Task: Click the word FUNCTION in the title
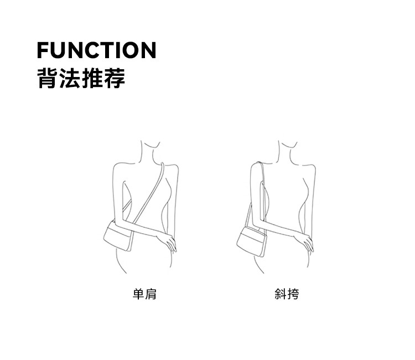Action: coord(96,50)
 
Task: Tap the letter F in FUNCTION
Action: coord(43,50)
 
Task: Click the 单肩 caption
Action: coord(144,294)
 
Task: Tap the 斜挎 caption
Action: coord(287,294)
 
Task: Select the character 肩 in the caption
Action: coord(151,294)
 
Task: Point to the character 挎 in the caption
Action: coord(293,294)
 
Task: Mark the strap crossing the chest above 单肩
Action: coord(149,194)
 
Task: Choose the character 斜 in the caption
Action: coord(281,294)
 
